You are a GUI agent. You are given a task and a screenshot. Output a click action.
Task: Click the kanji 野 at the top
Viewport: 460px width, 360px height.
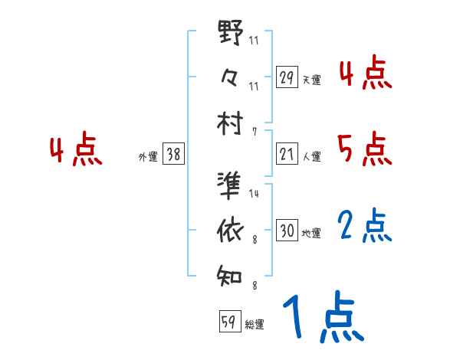230,34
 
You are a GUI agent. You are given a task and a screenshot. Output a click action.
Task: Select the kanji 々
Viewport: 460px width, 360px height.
230,77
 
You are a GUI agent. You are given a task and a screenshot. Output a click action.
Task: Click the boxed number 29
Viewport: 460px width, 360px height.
287,77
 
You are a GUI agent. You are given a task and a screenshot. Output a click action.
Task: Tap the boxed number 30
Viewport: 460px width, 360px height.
287,231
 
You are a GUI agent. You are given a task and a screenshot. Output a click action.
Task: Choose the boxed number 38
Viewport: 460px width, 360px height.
174,155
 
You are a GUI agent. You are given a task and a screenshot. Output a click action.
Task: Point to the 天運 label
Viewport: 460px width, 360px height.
312,79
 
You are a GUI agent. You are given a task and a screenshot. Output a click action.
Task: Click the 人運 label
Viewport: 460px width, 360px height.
312,156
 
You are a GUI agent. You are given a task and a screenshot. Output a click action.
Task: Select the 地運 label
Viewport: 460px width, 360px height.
312,232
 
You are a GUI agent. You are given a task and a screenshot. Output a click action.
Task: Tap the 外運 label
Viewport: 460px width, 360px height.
147,156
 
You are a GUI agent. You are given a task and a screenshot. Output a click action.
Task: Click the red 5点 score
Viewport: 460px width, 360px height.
363,149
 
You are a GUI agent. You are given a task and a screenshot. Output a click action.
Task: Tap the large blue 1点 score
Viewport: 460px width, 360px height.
322,318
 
